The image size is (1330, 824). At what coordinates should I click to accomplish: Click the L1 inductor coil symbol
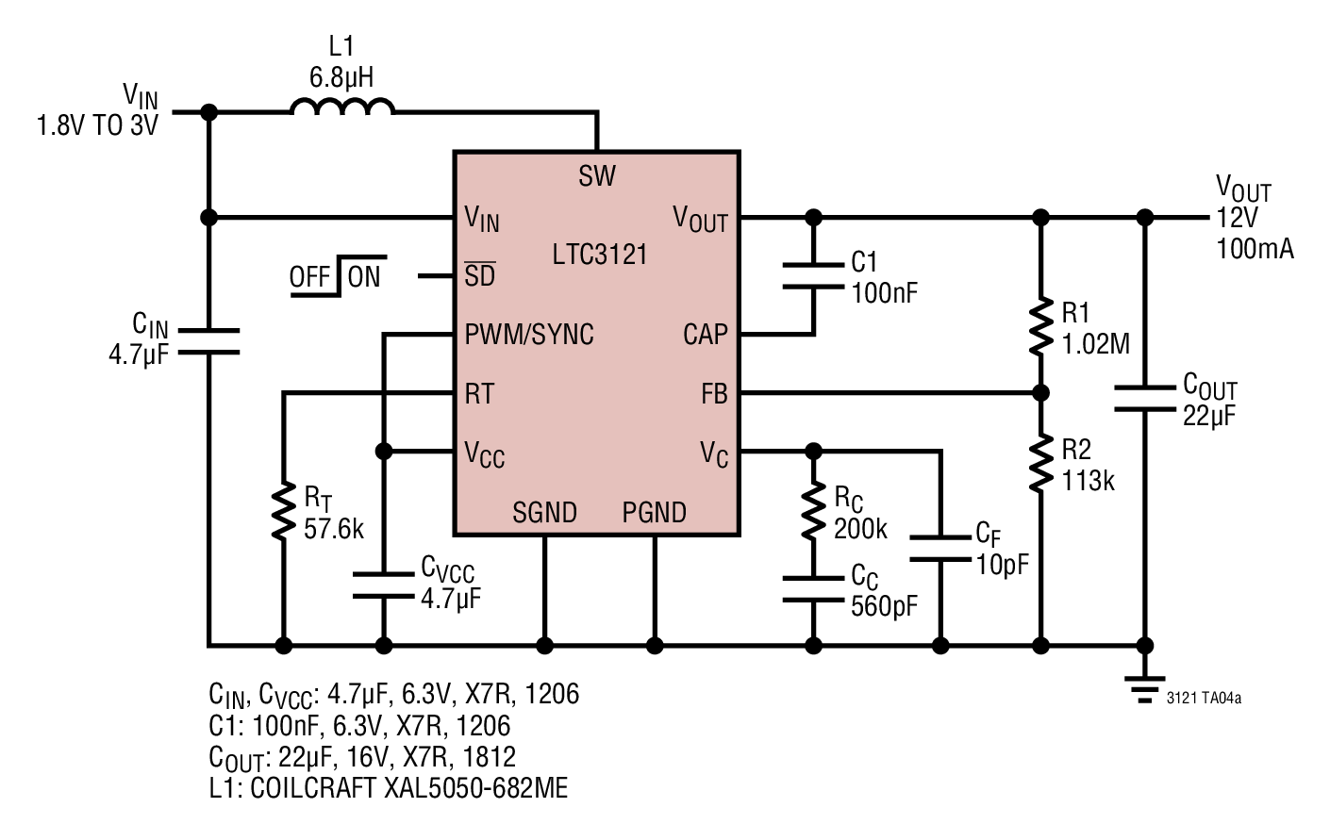(x=342, y=107)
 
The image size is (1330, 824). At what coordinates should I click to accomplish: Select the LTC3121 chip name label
(x=600, y=255)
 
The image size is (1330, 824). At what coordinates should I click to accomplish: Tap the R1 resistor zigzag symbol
(x=1040, y=327)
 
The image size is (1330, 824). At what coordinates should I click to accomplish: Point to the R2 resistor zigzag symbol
(x=1040, y=464)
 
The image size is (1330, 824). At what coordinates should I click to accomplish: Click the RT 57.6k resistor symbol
(x=284, y=511)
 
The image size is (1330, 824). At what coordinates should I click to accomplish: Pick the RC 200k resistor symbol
(x=813, y=511)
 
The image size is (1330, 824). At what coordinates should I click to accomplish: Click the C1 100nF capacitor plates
(x=813, y=276)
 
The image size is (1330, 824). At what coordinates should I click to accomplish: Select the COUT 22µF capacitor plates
(x=1145, y=399)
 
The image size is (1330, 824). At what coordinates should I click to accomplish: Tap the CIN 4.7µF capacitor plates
(x=209, y=341)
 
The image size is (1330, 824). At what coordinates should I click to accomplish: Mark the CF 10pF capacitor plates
(x=940, y=549)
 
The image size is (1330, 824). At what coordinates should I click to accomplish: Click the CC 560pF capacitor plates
(x=813, y=589)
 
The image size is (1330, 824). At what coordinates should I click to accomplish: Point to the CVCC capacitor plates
(x=384, y=585)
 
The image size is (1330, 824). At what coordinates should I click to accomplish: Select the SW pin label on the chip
(x=597, y=176)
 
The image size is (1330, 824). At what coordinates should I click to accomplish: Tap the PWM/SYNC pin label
(x=529, y=335)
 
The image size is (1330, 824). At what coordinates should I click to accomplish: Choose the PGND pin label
(x=655, y=512)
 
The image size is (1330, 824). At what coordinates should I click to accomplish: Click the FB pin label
(x=714, y=394)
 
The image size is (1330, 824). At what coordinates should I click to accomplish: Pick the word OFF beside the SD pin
(x=309, y=277)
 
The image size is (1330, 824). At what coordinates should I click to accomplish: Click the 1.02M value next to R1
(x=1095, y=344)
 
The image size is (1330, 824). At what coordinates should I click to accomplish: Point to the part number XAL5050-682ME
(x=475, y=788)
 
